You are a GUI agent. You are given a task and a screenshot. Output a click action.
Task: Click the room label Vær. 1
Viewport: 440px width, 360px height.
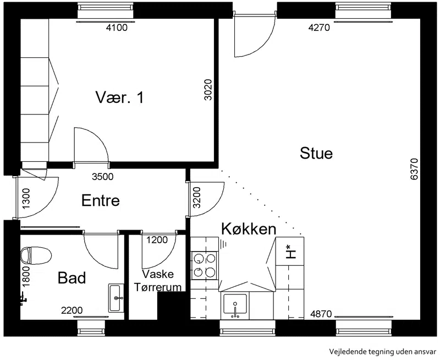click(119, 97)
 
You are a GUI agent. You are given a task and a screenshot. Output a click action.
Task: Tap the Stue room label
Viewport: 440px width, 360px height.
click(316, 154)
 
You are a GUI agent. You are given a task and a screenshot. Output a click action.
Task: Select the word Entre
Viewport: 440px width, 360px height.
click(101, 200)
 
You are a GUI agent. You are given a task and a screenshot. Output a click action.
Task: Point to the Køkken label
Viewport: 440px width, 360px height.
click(249, 229)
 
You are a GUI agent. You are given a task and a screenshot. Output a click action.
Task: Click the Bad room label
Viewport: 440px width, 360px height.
click(71, 278)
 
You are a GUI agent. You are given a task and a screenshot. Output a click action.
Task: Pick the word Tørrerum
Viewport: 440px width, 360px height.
click(158, 287)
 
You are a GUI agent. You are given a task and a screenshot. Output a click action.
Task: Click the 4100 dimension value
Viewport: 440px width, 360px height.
click(117, 28)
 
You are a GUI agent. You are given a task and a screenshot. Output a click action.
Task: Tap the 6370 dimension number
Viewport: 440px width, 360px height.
click(414, 169)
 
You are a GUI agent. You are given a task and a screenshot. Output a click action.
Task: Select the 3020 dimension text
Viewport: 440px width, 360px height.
click(208, 90)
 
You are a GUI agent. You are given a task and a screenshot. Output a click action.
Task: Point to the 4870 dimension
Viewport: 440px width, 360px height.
click(321, 314)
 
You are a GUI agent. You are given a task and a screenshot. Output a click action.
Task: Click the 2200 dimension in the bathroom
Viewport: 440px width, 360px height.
click(72, 310)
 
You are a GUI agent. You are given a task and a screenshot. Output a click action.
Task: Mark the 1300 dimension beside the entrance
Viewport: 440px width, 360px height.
click(26, 199)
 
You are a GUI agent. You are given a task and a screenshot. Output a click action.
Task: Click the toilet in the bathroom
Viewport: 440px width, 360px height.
click(36, 255)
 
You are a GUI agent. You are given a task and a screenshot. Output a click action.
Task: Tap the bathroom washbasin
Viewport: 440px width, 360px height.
click(116, 298)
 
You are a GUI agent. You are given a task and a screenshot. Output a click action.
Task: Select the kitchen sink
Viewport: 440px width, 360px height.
click(235, 304)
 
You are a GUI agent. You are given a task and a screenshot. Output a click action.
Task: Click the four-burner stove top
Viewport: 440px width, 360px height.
click(205, 265)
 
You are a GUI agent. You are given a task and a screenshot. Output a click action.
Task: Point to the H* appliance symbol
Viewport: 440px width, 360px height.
click(290, 252)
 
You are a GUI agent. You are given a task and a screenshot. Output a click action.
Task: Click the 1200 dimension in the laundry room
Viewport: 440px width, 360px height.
click(157, 239)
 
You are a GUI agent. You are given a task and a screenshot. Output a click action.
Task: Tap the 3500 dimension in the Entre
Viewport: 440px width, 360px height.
click(103, 177)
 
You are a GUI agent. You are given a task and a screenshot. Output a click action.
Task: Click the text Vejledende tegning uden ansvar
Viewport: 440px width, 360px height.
click(383, 352)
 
